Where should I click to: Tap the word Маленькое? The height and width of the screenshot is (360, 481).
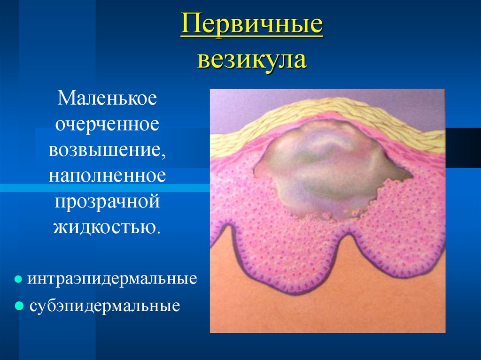pyautogui.click(x=107, y=99)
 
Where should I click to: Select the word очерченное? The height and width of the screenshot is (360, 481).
pyautogui.click(x=107, y=125)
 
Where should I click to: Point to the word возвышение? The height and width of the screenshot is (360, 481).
pyautogui.click(x=104, y=151)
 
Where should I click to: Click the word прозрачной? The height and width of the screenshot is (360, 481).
pyautogui.click(x=107, y=202)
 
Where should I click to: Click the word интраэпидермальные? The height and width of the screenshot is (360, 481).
pyautogui.click(x=112, y=279)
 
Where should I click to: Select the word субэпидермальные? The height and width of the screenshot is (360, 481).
pyautogui.click(x=105, y=306)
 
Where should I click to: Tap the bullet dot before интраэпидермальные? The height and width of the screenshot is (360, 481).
pyautogui.click(x=18, y=279)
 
